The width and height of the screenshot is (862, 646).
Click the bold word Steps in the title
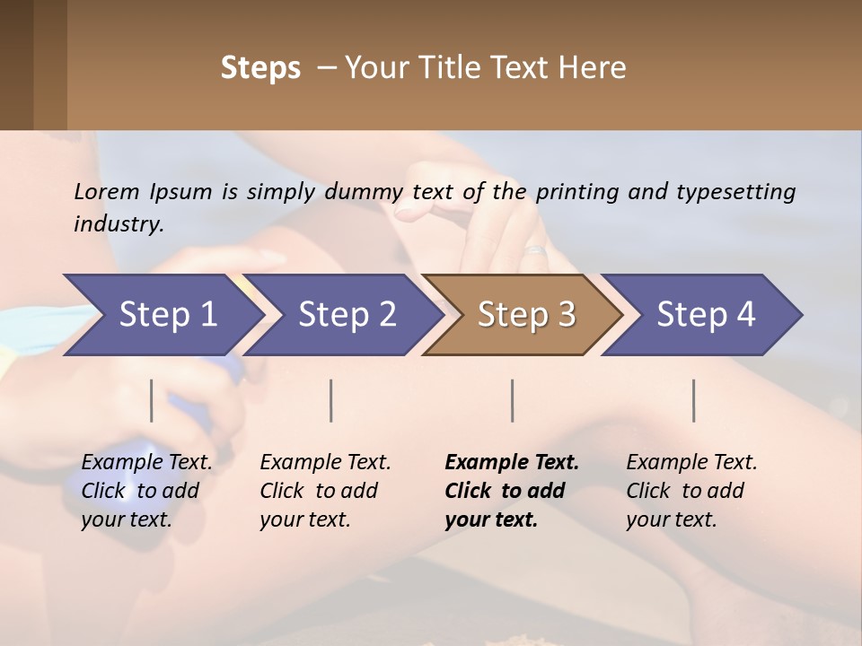(260, 68)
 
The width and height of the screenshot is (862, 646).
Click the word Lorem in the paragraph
(107, 191)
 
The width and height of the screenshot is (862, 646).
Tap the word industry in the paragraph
(118, 223)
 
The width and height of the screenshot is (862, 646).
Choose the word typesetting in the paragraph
(735, 191)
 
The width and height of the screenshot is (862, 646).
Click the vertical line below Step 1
(152, 400)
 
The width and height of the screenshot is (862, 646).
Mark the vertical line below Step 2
(331, 400)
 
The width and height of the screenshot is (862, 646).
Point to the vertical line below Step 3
(513, 400)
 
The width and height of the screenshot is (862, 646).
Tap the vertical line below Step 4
(694, 400)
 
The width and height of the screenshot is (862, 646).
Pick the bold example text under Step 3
(511, 491)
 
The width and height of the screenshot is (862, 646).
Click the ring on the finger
(536, 252)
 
